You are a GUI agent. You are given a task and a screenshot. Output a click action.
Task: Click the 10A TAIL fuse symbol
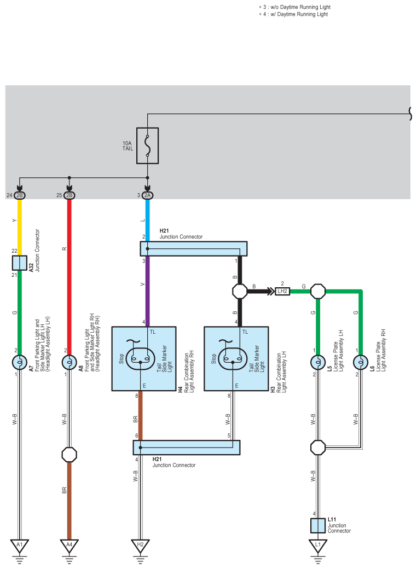click(147, 146)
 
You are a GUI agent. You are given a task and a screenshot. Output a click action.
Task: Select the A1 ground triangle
click(20, 545)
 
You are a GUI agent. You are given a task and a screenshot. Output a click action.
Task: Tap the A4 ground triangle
click(69, 545)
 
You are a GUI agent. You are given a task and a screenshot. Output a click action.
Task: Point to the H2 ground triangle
click(140, 545)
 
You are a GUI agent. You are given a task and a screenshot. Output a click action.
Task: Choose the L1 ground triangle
click(318, 545)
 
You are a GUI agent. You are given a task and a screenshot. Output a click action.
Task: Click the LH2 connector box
click(282, 291)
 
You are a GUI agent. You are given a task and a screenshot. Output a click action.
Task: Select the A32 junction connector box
click(20, 263)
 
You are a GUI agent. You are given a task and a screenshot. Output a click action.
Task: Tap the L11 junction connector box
click(318, 525)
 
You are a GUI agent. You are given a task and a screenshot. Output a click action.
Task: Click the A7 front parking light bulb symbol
click(20, 362)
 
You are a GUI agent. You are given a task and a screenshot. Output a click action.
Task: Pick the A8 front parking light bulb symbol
click(69, 362)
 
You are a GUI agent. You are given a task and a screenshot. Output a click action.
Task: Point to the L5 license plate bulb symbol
click(318, 362)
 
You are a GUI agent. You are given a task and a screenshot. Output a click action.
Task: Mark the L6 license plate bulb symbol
click(361, 362)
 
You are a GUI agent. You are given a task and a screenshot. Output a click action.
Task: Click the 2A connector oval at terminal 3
click(147, 195)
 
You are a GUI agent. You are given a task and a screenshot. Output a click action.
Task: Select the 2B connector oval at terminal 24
click(20, 195)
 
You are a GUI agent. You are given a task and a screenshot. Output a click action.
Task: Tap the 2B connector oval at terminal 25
click(69, 195)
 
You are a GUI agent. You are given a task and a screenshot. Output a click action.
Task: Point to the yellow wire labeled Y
click(20, 228)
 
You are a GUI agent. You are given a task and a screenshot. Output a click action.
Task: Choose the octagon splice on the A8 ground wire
click(69, 455)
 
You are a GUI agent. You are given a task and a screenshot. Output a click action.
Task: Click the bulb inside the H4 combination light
click(141, 359)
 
